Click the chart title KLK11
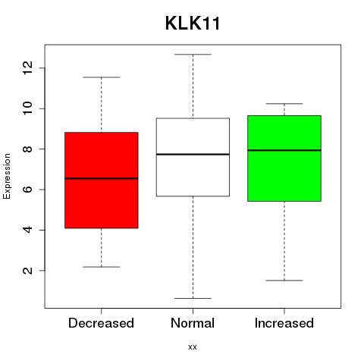(x=193, y=24)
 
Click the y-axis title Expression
(x=7, y=176)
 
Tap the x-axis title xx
(x=193, y=347)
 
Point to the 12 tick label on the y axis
(x=27, y=67)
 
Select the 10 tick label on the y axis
(x=27, y=108)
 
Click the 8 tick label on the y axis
(x=27, y=149)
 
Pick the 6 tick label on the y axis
(x=27, y=190)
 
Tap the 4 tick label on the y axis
(x=27, y=230)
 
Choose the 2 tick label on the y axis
(x=27, y=271)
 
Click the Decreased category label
(x=101, y=323)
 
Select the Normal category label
(x=193, y=323)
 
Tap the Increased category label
(x=284, y=323)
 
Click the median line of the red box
(x=102, y=178)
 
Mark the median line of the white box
(x=193, y=154)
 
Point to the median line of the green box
(x=284, y=150)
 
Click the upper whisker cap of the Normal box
(x=193, y=55)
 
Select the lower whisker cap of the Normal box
(x=193, y=298)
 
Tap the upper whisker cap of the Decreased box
(x=102, y=77)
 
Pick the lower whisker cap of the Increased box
(x=284, y=281)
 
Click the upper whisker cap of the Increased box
(x=284, y=104)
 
